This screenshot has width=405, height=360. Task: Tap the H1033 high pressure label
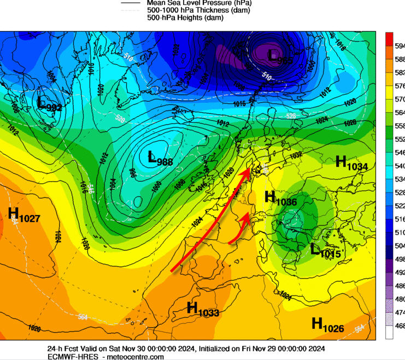(203, 310)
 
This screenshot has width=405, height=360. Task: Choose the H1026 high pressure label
(327, 325)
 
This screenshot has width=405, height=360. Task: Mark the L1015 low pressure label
(325, 251)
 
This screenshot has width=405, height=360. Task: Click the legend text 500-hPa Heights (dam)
(185, 18)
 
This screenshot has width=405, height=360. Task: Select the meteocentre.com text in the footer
(137, 356)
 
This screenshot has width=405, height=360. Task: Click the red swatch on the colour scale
(389, 39)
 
